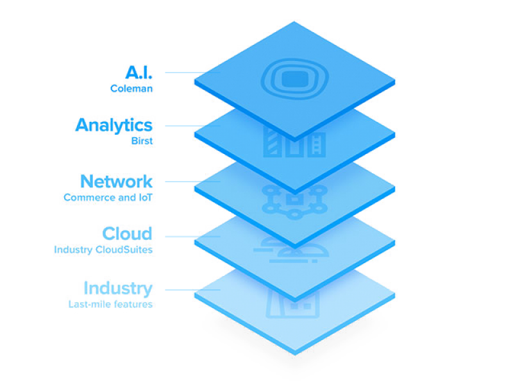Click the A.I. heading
click(x=139, y=73)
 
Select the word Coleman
click(x=131, y=89)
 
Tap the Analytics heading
click(x=114, y=126)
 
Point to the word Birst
click(x=142, y=141)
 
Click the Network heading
click(x=117, y=182)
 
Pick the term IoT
click(x=146, y=198)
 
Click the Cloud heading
click(x=127, y=234)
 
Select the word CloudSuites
click(x=124, y=250)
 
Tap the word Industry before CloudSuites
click(x=73, y=250)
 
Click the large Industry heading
click(x=118, y=289)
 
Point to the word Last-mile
click(x=85, y=304)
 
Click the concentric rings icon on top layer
click(x=295, y=79)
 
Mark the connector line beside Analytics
click(x=193, y=126)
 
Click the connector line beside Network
click(x=193, y=182)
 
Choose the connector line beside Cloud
click(x=193, y=236)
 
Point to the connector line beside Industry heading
click(x=193, y=290)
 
